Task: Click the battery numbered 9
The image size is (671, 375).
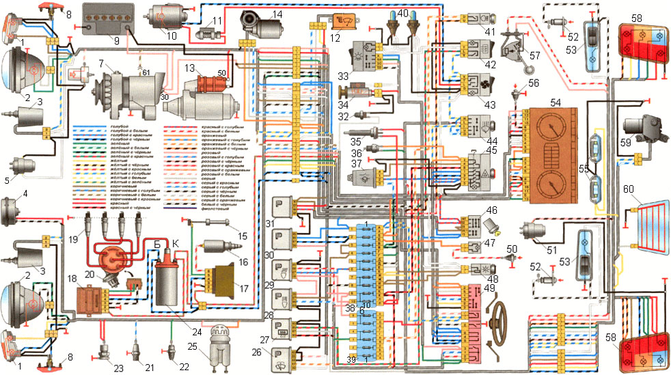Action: pyautogui.click(x=107, y=17)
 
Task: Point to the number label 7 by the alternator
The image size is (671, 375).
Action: pyautogui.click(x=100, y=63)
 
